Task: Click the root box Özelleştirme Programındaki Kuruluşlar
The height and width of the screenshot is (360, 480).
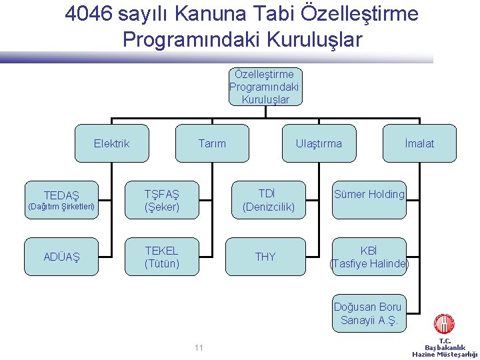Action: point(264,87)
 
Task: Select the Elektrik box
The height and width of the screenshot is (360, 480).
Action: point(111,143)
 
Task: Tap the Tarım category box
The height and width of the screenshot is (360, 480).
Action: point(212,143)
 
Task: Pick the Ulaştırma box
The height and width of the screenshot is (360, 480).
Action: point(319,143)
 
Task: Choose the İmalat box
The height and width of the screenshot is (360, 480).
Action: point(419,143)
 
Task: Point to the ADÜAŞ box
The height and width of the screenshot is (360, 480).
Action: point(61,257)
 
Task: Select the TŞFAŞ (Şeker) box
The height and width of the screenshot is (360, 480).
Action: point(162,200)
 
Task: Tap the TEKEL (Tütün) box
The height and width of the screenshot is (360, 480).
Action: point(162,257)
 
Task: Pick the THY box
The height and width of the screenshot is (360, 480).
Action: point(265,257)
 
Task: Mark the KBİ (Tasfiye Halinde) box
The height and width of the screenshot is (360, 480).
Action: point(369,257)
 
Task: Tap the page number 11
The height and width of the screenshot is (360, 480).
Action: point(199,347)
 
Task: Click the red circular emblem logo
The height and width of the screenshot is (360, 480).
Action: point(444,325)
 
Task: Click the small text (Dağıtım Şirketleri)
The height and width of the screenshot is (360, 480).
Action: point(61,206)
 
